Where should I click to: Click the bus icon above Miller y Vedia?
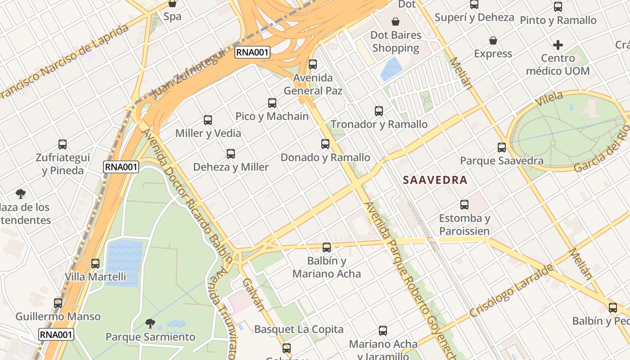[207, 120]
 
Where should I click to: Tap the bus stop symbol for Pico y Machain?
[272, 103]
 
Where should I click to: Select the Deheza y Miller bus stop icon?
[231, 154]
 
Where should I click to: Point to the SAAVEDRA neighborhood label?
[435, 180]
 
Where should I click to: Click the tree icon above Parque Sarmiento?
[150, 324]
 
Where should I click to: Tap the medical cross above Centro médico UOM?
[558, 45]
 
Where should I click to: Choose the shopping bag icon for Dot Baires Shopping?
[396, 22]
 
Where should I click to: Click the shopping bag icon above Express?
[493, 40]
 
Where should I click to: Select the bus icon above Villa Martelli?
[95, 264]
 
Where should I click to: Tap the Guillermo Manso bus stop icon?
[58, 303]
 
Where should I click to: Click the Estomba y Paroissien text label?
[464, 225]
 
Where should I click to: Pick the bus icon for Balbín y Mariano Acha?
[327, 247]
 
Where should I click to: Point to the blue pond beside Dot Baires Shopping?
[391, 68]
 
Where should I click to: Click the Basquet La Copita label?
[299, 329]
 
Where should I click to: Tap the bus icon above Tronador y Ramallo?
[379, 111]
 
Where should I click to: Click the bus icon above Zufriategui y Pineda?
[63, 144]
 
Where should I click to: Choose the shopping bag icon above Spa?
[172, 4]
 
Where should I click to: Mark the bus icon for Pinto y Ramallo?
[558, 7]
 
